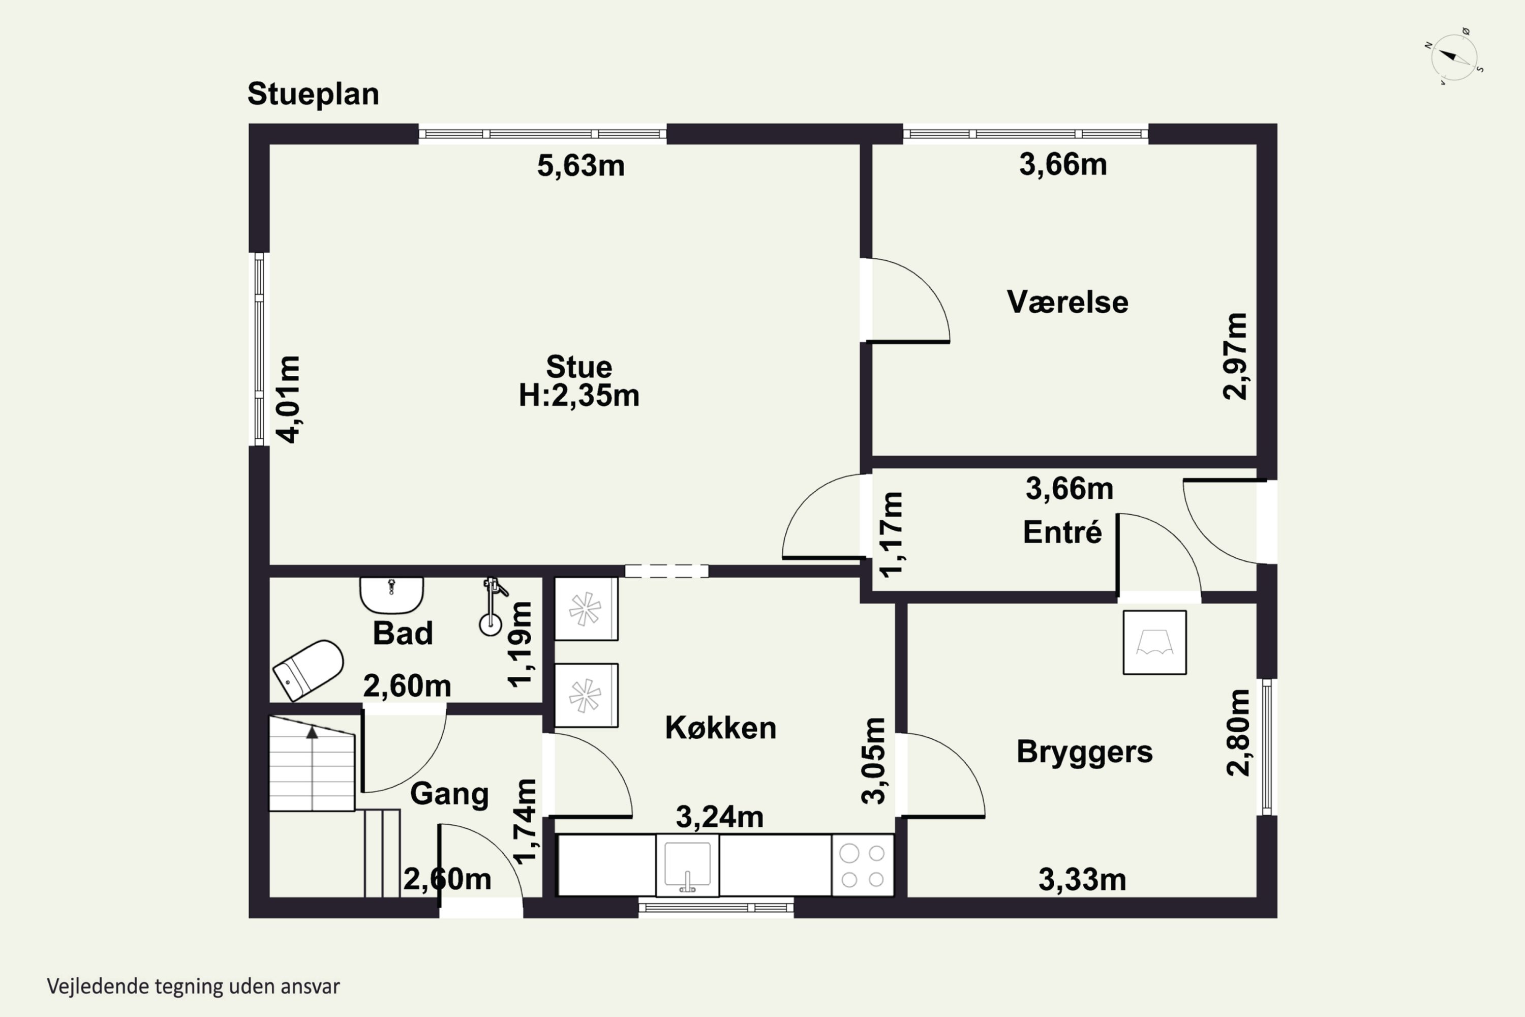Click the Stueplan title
point(313,95)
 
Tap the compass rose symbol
point(1454,57)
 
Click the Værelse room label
point(1067,302)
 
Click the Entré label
point(1062,532)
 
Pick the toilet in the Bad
point(308,670)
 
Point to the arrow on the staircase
point(312,768)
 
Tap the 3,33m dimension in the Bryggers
point(1082,880)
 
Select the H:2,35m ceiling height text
point(579,396)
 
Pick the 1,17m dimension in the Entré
point(891,534)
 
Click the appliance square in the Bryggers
point(1155,642)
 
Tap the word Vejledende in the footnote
point(97,986)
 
